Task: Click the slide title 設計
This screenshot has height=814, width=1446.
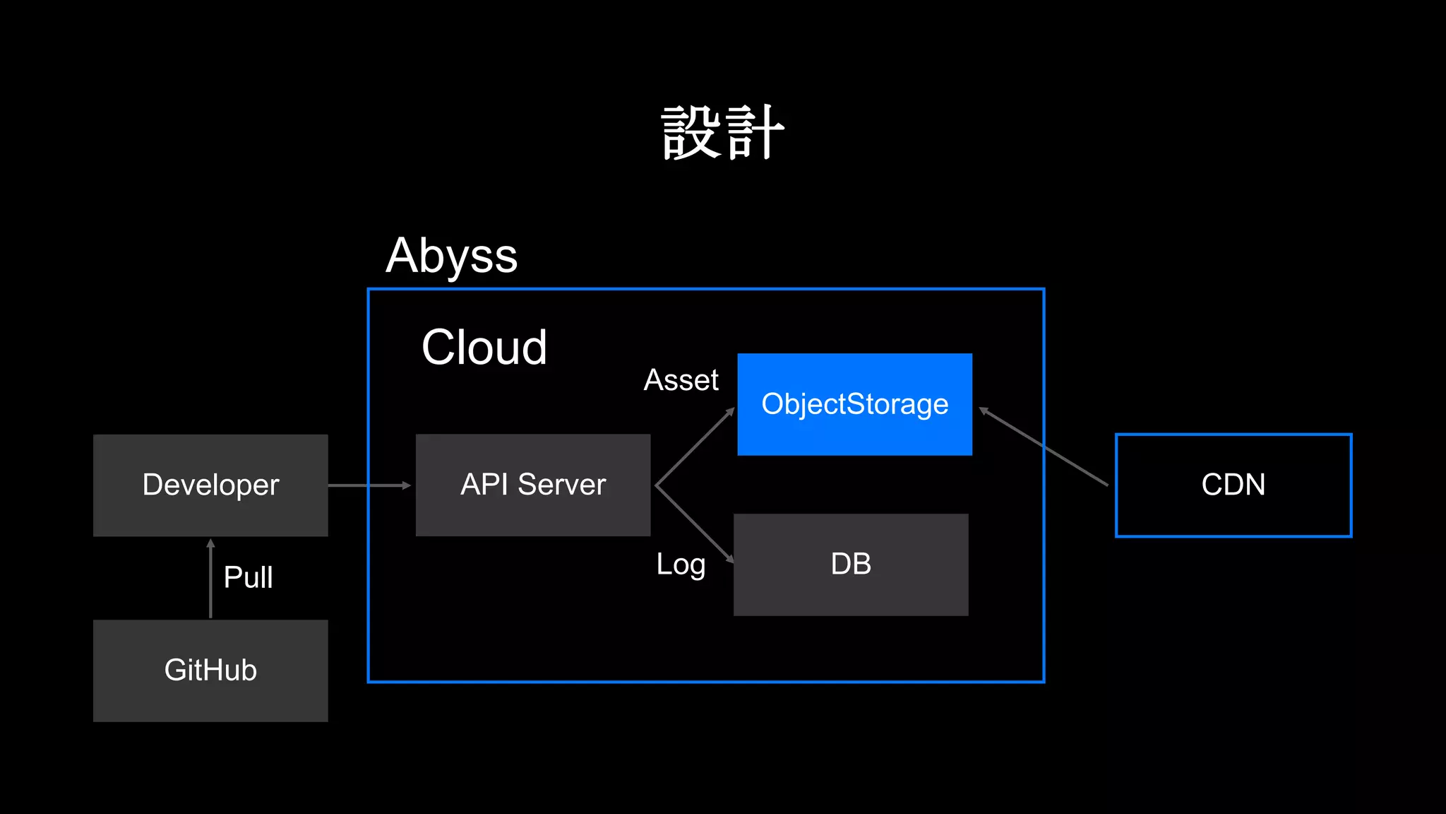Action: [x=723, y=133]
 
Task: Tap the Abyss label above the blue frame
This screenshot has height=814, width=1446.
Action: [x=452, y=256]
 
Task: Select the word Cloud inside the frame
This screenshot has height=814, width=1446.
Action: [x=484, y=347]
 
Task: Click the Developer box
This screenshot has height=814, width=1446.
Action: [x=210, y=485]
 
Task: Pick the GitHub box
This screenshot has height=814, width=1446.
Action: [x=210, y=671]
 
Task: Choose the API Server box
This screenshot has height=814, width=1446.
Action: [x=533, y=485]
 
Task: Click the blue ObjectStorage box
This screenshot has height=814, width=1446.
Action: [x=854, y=404]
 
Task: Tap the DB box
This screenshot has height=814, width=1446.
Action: [x=851, y=565]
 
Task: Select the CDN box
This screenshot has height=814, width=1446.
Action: [x=1233, y=485]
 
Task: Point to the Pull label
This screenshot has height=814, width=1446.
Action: [x=248, y=577]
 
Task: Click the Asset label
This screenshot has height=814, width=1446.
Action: [x=681, y=380]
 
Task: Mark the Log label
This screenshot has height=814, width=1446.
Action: [x=681, y=565]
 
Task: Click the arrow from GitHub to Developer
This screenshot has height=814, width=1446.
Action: [x=210, y=579]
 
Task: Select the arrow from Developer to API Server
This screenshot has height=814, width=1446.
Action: [x=369, y=485]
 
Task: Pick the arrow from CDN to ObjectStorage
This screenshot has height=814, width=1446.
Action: [x=1044, y=447]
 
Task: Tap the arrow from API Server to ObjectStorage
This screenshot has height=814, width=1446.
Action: [x=695, y=447]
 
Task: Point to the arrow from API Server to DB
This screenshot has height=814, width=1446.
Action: [x=695, y=524]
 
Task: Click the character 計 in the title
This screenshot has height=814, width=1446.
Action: [x=755, y=133]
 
